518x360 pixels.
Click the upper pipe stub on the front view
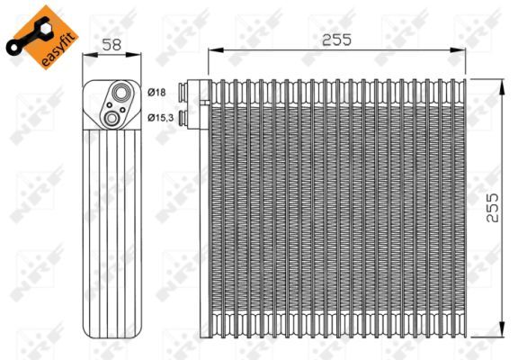pos(184,91)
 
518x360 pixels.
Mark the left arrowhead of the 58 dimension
pos(86,55)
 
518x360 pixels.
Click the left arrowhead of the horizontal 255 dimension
pos(212,51)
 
